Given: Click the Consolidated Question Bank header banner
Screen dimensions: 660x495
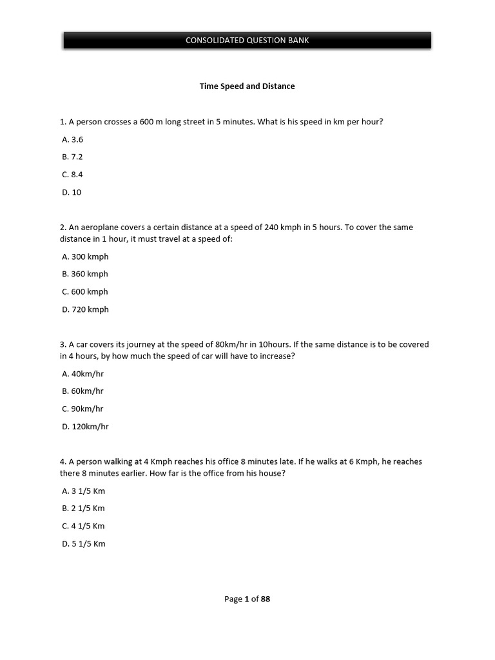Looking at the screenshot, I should click(247, 40).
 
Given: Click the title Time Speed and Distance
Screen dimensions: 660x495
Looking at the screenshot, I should click(247, 86).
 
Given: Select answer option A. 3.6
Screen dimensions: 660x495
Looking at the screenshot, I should click(73, 139).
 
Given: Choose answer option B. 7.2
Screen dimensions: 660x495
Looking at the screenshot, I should click(73, 157).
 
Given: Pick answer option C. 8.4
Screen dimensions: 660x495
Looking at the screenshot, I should click(73, 175).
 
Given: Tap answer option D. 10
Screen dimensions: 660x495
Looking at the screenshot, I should click(72, 192).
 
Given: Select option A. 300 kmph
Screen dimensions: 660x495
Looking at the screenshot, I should click(85, 257).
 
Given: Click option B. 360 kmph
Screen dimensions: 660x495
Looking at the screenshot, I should click(85, 274).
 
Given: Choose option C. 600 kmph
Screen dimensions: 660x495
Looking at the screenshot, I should click(85, 292).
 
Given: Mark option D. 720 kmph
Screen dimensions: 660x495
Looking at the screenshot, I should click(85, 309).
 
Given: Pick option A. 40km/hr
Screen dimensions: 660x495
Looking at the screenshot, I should click(82, 374).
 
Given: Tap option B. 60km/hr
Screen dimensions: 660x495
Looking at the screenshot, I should click(82, 391).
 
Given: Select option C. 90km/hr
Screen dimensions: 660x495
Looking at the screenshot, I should click(82, 409).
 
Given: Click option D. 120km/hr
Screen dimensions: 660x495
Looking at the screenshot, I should click(85, 427).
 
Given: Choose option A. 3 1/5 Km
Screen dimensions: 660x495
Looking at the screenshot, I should click(83, 491).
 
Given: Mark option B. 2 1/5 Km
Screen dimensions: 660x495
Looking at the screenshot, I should click(83, 509).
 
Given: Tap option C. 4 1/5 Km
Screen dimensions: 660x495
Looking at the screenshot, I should click(83, 526).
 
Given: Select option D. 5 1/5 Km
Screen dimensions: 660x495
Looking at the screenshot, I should click(83, 544).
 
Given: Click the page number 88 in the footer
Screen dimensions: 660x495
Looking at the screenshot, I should click(266, 599).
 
